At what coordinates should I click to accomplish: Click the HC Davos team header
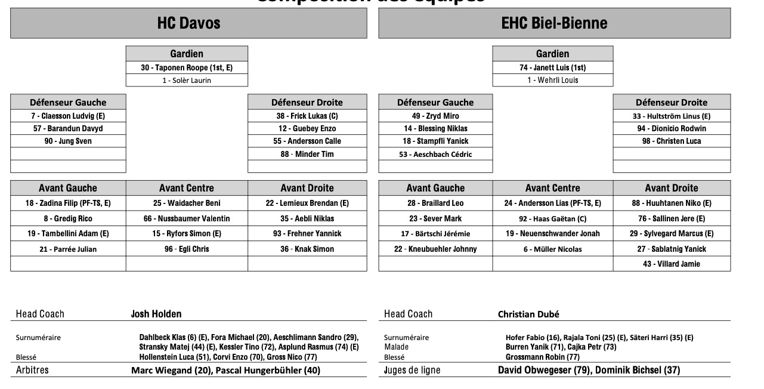(188, 23)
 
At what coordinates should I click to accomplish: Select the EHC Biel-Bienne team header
(554, 23)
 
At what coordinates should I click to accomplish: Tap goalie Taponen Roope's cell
(187, 68)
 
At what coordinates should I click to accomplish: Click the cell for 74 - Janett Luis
(552, 68)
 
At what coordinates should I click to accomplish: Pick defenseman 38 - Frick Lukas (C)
(307, 116)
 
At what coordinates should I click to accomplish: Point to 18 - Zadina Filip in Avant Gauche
(68, 203)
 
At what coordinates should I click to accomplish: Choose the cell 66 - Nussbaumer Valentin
(187, 219)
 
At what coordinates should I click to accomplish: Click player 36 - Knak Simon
(307, 249)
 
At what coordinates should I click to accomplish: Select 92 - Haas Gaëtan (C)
(552, 219)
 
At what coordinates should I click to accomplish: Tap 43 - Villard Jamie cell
(672, 264)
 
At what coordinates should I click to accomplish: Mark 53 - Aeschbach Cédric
(435, 155)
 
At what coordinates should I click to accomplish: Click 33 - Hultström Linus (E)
(672, 116)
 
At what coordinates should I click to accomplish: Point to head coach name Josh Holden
(156, 314)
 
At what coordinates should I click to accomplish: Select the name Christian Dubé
(528, 314)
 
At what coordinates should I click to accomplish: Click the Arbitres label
(32, 371)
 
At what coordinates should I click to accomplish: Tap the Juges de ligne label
(412, 371)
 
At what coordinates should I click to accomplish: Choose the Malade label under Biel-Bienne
(397, 347)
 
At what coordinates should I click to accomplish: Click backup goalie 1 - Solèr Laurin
(187, 81)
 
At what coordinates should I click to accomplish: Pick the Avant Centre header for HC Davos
(187, 188)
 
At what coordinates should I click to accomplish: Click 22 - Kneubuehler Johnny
(435, 249)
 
